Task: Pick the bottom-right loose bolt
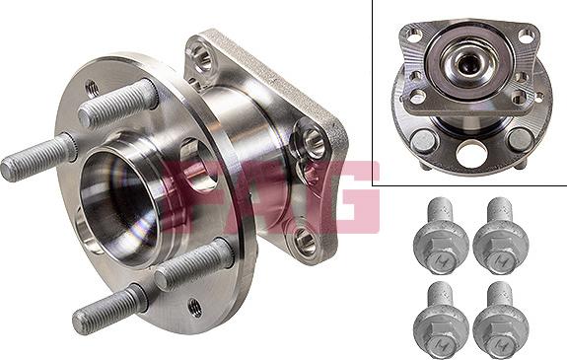[498, 320]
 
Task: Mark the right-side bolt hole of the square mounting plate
[315, 144]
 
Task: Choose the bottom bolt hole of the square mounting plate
[300, 237]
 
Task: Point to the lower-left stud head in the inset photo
[423, 139]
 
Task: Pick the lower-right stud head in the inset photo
[520, 138]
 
